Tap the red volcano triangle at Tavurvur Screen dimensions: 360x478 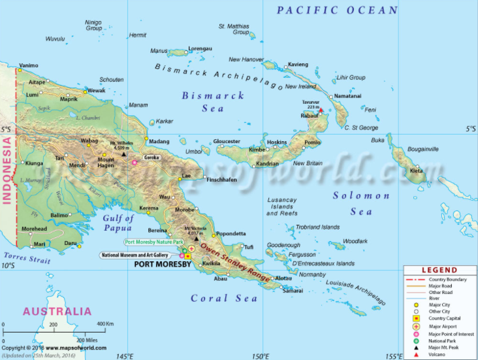(321, 110)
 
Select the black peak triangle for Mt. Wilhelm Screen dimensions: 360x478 (123, 154)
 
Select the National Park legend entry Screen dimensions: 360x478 (443, 340)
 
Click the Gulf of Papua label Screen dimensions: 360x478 (118, 223)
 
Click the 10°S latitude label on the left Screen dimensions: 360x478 (8, 265)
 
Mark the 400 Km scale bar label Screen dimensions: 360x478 (106, 324)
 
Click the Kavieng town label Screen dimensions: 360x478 (297, 64)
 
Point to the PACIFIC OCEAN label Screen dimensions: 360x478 (337, 10)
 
